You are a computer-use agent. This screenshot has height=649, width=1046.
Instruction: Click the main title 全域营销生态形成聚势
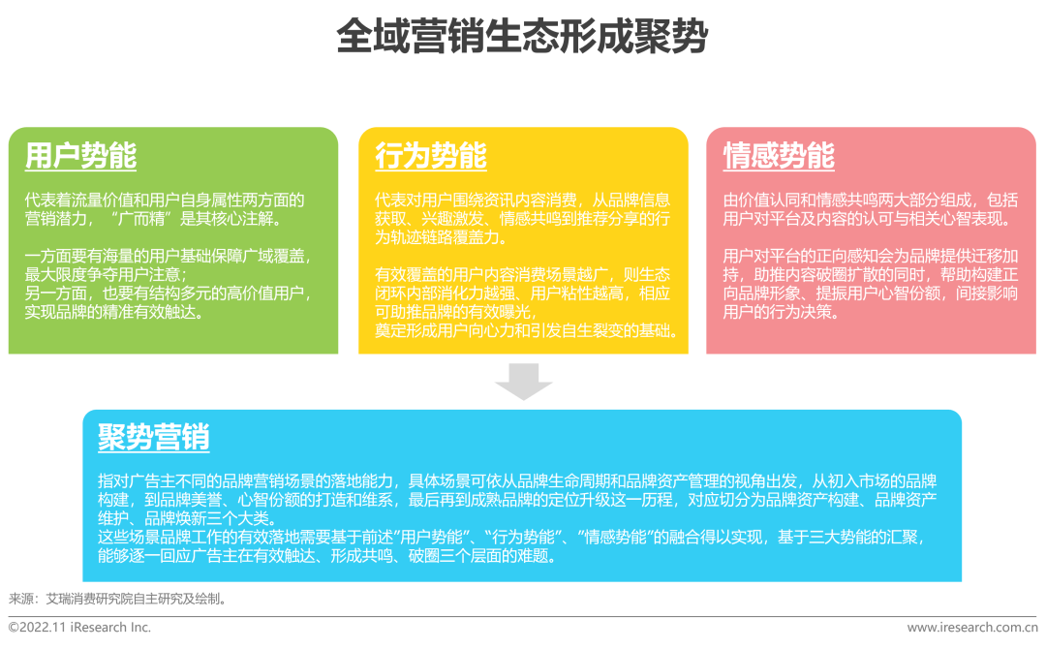(x=522, y=36)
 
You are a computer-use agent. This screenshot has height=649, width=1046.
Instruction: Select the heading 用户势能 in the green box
(x=80, y=156)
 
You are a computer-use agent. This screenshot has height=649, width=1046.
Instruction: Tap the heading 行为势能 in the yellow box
(x=431, y=156)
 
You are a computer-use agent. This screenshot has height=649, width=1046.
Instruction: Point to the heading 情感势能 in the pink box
(x=779, y=156)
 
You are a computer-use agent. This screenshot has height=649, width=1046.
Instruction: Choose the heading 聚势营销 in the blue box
(x=154, y=438)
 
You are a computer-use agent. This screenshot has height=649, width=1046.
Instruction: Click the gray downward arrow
(x=524, y=382)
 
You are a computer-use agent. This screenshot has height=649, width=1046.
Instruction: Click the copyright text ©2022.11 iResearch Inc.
(x=80, y=627)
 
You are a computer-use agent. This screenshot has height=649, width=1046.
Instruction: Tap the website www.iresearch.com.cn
(x=972, y=627)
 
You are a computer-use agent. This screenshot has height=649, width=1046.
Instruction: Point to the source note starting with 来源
(x=118, y=599)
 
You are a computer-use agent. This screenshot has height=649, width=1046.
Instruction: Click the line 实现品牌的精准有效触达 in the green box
(x=114, y=312)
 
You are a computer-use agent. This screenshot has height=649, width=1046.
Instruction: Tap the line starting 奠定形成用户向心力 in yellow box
(x=527, y=331)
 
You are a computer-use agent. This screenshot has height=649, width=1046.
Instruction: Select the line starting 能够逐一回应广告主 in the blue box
(x=327, y=556)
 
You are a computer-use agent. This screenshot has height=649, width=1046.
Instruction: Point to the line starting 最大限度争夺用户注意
(x=107, y=275)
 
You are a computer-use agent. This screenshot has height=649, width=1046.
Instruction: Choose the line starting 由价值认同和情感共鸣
(x=871, y=201)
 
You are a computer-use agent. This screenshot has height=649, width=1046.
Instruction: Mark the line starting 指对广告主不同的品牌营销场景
(x=517, y=481)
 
